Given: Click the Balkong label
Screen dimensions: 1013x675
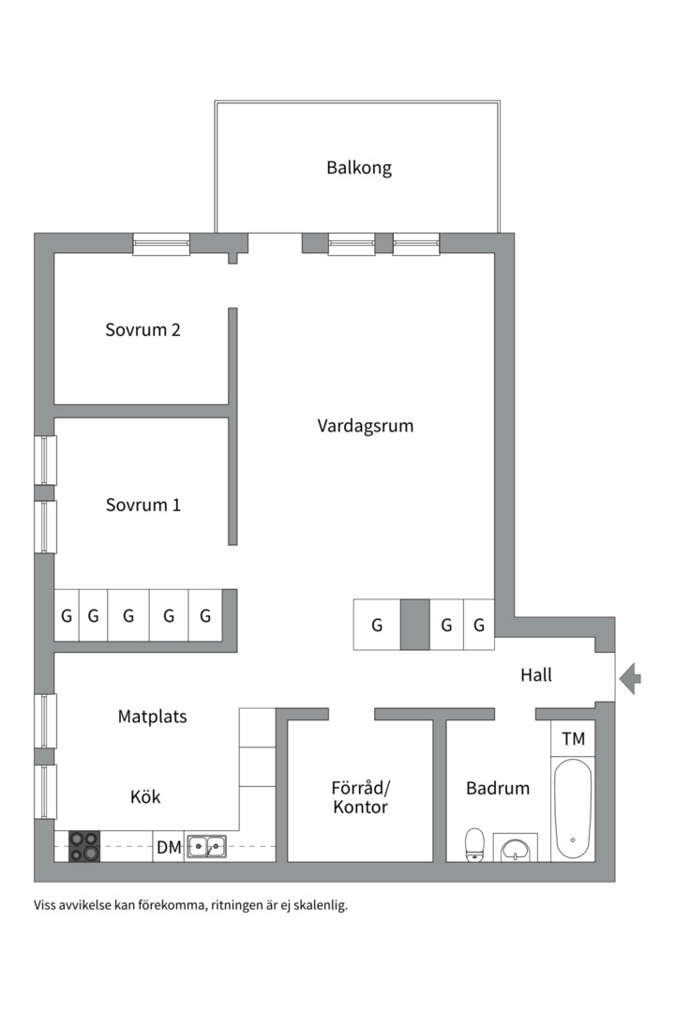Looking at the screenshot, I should (359, 169).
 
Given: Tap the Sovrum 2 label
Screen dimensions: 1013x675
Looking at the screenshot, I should (142, 330).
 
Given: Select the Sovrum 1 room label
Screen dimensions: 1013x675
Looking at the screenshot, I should (142, 505).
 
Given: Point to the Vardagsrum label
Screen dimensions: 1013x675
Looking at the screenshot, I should (365, 426).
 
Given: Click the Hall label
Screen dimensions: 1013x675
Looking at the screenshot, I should (536, 674).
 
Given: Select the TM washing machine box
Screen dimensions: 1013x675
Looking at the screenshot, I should (573, 739).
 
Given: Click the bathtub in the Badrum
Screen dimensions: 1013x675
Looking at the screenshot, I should (573, 809).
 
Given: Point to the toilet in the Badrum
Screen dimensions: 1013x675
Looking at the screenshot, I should (475, 843).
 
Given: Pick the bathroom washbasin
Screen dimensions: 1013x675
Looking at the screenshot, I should (515, 849).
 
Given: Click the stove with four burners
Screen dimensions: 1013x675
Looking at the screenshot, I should (84, 847).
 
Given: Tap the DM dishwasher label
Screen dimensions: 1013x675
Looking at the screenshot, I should (169, 848).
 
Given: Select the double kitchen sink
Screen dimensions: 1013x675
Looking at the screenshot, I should (205, 847).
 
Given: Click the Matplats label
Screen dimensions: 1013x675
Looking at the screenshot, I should (153, 717).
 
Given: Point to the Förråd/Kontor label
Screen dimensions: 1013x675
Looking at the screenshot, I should (360, 797).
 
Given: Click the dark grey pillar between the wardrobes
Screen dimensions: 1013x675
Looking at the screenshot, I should (414, 625).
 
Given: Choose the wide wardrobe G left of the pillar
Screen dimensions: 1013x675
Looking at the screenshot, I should (377, 625).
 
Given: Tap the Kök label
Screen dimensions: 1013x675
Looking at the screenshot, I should (145, 797).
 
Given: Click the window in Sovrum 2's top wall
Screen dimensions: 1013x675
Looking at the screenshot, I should (161, 244).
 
